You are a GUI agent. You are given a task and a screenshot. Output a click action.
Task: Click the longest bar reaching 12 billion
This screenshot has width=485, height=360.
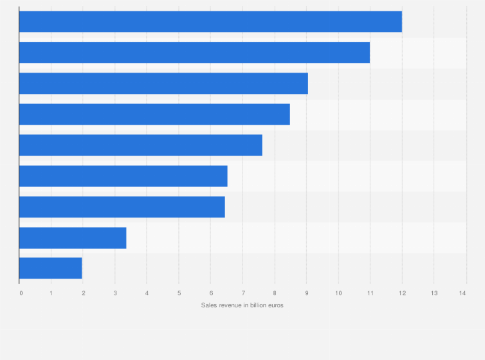[210, 22]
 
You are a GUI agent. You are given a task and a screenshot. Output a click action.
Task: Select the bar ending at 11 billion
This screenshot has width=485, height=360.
[194, 53]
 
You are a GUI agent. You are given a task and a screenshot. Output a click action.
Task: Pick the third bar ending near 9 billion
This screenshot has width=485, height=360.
[163, 84]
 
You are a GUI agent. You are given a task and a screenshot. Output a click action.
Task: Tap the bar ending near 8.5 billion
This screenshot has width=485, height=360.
[154, 114]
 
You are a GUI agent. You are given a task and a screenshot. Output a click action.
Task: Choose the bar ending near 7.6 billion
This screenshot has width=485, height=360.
[141, 145]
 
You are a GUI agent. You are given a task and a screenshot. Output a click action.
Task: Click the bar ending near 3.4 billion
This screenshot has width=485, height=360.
[73, 238]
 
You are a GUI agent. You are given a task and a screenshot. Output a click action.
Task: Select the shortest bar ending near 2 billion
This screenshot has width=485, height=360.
[51, 268]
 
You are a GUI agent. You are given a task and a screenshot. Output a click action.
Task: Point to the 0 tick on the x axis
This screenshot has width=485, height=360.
[21, 293]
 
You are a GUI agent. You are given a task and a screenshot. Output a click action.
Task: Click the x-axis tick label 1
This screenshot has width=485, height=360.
[51, 293]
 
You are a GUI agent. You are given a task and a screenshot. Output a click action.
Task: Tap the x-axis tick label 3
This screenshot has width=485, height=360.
[115, 293]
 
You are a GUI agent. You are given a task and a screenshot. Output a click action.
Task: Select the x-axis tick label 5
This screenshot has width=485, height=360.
[179, 293]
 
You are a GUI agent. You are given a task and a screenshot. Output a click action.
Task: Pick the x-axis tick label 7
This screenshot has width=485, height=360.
[243, 293]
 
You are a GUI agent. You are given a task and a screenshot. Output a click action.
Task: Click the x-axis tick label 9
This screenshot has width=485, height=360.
[306, 293]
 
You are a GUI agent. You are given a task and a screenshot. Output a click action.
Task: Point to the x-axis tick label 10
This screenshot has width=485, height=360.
[338, 293]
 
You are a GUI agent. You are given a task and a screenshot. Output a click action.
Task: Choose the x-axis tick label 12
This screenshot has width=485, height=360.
[402, 293]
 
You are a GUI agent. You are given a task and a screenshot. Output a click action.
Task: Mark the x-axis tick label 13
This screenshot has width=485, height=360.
[434, 293]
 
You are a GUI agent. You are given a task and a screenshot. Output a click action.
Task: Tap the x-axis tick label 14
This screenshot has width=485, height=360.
[462, 293]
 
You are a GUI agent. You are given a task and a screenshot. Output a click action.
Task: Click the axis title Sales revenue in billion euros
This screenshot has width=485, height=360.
[242, 305]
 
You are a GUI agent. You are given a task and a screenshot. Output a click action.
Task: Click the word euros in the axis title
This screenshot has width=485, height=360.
[275, 305]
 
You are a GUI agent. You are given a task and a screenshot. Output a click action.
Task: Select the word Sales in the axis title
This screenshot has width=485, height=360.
[208, 305]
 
